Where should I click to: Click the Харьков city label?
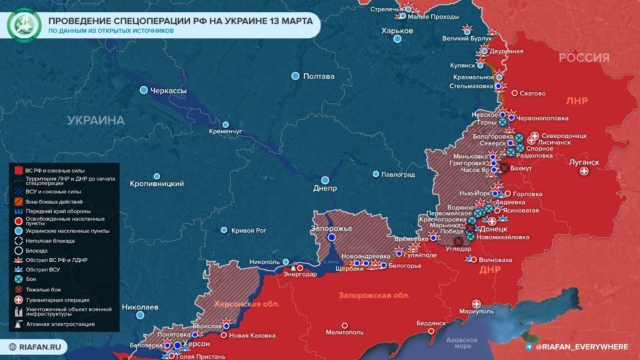(x=397, y=31)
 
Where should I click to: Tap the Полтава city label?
(x=318, y=76)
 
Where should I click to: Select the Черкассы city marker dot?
(x=143, y=90)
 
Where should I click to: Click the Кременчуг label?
(x=225, y=131)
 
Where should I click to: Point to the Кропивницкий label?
(x=157, y=183)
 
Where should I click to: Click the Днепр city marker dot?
(x=325, y=180)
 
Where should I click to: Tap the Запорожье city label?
(x=331, y=229)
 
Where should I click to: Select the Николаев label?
(x=140, y=307)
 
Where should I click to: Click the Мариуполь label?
(x=476, y=311)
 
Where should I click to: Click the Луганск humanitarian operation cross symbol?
(x=585, y=171)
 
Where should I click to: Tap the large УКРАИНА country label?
(x=95, y=121)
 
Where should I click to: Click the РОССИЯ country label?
(x=583, y=58)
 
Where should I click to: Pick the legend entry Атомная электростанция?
(x=60, y=324)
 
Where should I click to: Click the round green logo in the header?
(x=23, y=25)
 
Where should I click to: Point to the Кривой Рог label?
(x=248, y=230)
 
